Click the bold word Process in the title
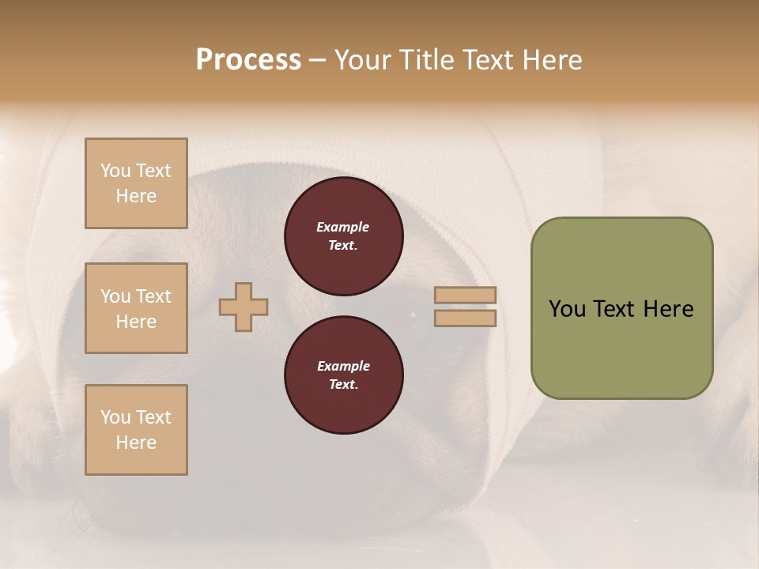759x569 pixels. pos(248,60)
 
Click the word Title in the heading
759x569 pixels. pos(425,60)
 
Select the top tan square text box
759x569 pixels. pos(136,183)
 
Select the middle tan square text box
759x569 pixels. pos(136,308)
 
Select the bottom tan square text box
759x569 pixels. pos(136,430)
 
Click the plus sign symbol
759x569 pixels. pos(244,307)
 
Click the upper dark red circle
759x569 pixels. pos(343,236)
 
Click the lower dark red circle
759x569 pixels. pos(343,375)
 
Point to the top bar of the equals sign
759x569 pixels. pos(465,295)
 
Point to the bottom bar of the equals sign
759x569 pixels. pos(465,318)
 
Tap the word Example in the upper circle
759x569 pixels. pos(343,227)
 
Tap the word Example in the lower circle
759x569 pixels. pos(343,366)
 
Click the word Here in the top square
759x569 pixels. pos(136,196)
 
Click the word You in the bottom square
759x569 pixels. pos(115,417)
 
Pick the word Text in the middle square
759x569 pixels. pos(153,296)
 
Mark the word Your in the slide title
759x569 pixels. pos(363,60)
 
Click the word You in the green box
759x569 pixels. pos(567,309)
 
